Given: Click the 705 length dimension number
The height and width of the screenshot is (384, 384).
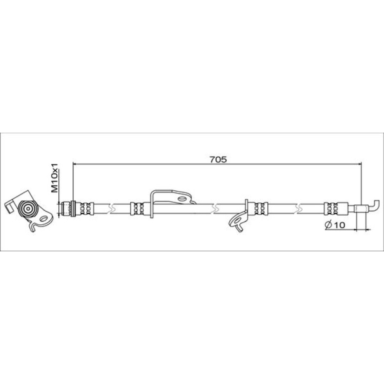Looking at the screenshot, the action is pos(218,160).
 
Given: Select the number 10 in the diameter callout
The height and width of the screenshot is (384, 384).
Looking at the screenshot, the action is pos(339,225).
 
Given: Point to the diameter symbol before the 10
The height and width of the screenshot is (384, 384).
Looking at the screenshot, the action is pos(329,225).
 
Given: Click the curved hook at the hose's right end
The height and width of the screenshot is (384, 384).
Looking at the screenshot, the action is pos(375,206).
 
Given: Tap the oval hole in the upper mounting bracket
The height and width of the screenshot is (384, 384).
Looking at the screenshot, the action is pos(182,198).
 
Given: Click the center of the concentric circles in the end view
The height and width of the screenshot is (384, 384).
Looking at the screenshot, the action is pos(27,208).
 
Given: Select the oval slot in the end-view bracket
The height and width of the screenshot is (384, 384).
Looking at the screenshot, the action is pos(44,219).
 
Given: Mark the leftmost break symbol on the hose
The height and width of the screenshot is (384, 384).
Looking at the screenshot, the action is pos(112,208).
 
